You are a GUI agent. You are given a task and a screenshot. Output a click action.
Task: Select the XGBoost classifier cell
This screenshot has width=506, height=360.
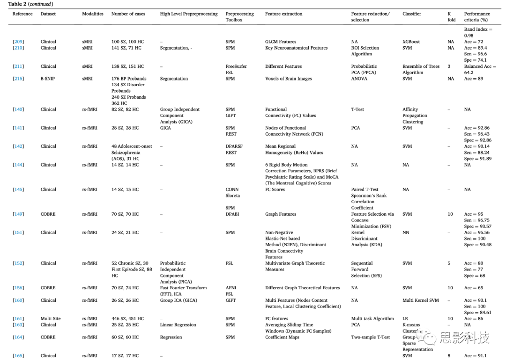coord(411,42)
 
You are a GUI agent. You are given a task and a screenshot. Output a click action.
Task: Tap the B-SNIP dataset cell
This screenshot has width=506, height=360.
coord(48,79)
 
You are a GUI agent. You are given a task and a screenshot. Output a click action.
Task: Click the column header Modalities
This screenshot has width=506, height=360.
coord(93,14)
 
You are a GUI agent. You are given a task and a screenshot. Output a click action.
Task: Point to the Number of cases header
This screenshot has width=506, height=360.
coord(128,14)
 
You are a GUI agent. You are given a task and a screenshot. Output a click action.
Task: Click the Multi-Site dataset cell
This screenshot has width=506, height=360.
coord(51,319)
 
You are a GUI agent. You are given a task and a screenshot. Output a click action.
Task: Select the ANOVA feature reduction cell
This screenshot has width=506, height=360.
coord(359,79)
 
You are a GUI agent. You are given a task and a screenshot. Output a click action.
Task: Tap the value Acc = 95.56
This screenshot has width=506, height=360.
coord(477,233)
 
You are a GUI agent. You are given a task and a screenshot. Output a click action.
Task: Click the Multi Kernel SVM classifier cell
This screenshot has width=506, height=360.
coord(420,301)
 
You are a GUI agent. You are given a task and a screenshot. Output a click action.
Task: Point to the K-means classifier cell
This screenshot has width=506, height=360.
coord(412,325)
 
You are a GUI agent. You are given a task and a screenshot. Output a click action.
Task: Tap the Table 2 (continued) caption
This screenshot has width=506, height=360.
coord(31,4)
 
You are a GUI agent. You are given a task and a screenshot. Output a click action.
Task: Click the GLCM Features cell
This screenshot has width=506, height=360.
coord(281,42)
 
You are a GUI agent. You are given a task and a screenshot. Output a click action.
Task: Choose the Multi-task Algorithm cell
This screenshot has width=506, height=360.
coord(372,319)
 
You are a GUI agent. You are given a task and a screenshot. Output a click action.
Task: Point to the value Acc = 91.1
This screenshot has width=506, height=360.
coord(475,356)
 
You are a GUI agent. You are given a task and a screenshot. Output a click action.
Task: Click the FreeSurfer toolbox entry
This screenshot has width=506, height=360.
coord(236,66)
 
